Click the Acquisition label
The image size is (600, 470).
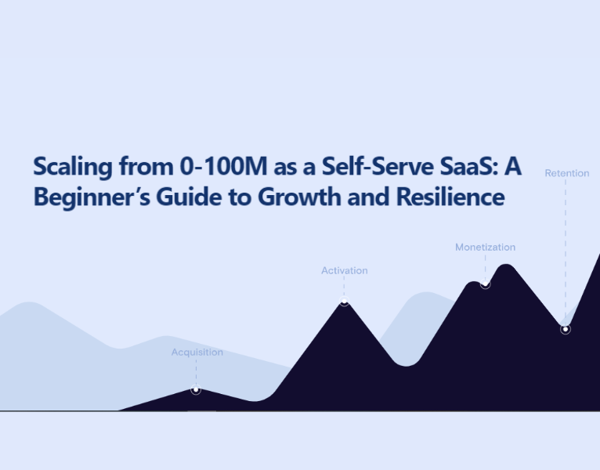pos(197,352)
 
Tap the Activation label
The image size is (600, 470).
pos(344,270)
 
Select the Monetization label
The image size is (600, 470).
pos(485,248)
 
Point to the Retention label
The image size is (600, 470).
pos(566,173)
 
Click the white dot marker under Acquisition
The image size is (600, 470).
pos(196,390)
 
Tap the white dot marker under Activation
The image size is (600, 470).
pos(344,302)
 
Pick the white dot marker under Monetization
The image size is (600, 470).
pos(485,284)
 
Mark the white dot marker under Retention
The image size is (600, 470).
pos(565,329)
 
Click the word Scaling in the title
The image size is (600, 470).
pos(70,167)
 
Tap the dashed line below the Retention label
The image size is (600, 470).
pos(566,251)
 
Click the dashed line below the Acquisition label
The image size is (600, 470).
pos(196,371)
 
